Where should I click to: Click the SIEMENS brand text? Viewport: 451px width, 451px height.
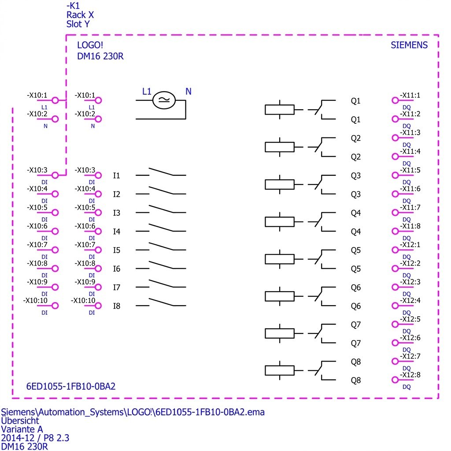(x=409, y=45)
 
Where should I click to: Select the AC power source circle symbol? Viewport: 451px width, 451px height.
(x=164, y=100)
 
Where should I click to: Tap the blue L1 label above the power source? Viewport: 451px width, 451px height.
(x=147, y=92)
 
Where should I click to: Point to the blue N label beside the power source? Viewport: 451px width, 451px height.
(x=189, y=92)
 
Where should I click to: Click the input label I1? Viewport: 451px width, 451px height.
(x=116, y=175)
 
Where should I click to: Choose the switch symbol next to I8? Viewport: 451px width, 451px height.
(x=161, y=302)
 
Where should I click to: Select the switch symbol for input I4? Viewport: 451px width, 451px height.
(x=161, y=228)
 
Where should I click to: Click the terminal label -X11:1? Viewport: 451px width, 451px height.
(x=410, y=96)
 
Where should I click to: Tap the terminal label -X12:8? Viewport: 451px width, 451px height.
(x=410, y=375)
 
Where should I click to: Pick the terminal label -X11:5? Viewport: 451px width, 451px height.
(x=410, y=170)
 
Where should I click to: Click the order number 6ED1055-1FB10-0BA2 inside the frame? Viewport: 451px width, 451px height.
(x=71, y=386)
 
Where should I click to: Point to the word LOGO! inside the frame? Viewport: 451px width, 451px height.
(x=90, y=45)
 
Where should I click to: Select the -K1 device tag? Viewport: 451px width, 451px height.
(x=73, y=6)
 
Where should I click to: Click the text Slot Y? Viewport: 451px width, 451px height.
(x=78, y=24)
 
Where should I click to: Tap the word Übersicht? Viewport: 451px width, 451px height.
(x=20, y=421)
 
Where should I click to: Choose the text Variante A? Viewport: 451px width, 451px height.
(x=22, y=429)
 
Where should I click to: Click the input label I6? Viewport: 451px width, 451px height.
(x=116, y=269)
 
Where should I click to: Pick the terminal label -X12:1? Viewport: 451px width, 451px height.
(x=410, y=245)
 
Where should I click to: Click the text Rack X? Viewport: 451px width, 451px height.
(x=80, y=15)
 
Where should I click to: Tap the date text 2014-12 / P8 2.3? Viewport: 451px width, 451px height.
(x=35, y=438)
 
